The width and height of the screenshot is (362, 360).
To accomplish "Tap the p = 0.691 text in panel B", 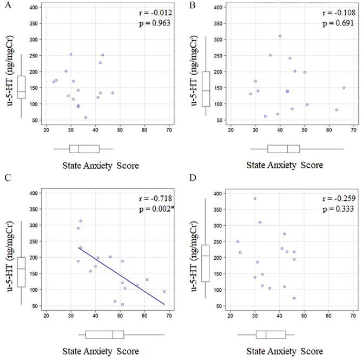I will [x=334, y=24].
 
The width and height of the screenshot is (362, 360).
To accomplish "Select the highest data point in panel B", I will [x=280, y=36].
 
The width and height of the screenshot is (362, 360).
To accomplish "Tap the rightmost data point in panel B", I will [x=344, y=88].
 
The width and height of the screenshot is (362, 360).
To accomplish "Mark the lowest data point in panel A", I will [x=85, y=117].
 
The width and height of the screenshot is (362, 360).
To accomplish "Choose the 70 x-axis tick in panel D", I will [x=353, y=315].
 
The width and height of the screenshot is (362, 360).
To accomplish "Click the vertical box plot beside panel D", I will [x=205, y=263].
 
